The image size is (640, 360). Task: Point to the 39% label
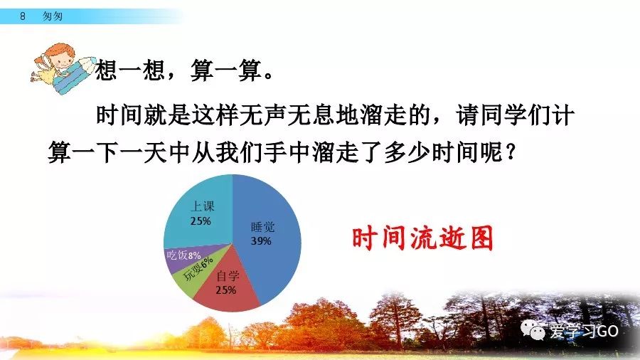point(261,241)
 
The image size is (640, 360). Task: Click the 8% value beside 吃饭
point(194,256)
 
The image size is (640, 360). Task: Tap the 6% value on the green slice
point(207,263)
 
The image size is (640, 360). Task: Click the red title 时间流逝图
point(422,238)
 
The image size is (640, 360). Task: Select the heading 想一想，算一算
point(183,70)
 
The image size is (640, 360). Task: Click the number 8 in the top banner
point(23,16)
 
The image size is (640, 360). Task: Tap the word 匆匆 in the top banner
point(52,16)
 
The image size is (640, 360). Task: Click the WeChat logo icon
point(533,329)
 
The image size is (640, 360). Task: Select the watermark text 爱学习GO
point(584,331)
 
